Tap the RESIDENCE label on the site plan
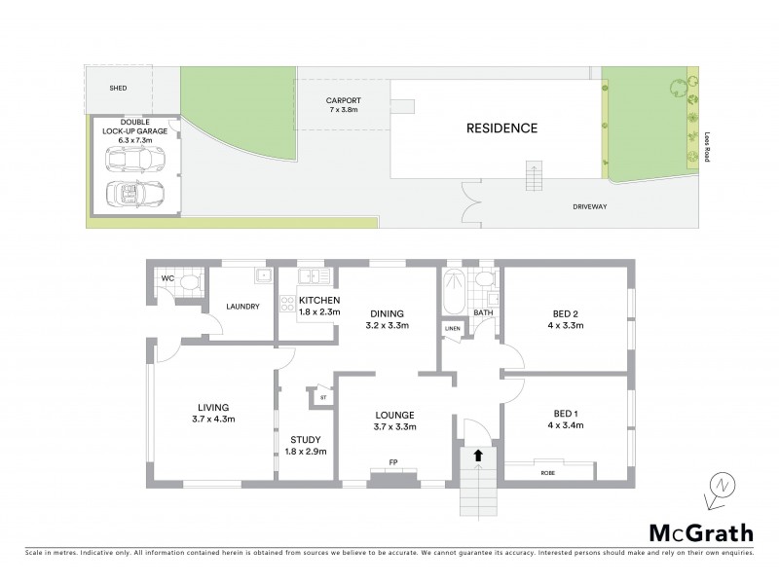click(501, 128)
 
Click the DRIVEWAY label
click(592, 206)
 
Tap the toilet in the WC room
click(191, 282)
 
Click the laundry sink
click(261, 276)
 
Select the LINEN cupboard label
click(452, 329)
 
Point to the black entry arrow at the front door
click(477, 454)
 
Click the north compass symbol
click(720, 485)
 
